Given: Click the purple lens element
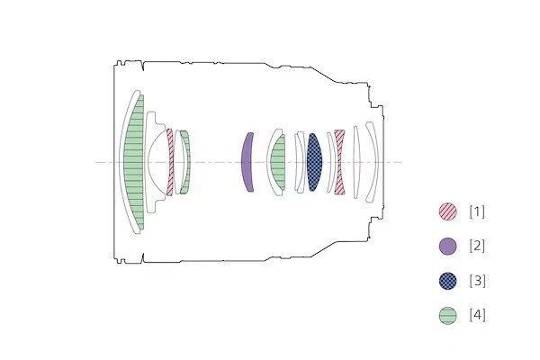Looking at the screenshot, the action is point(247,162).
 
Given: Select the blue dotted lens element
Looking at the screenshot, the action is point(314,162).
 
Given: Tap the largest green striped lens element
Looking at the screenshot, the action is point(134,162).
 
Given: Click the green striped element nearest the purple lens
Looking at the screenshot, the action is point(278,162).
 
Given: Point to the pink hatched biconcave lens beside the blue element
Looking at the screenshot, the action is point(339,162).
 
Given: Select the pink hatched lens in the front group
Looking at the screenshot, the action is point(170,162).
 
